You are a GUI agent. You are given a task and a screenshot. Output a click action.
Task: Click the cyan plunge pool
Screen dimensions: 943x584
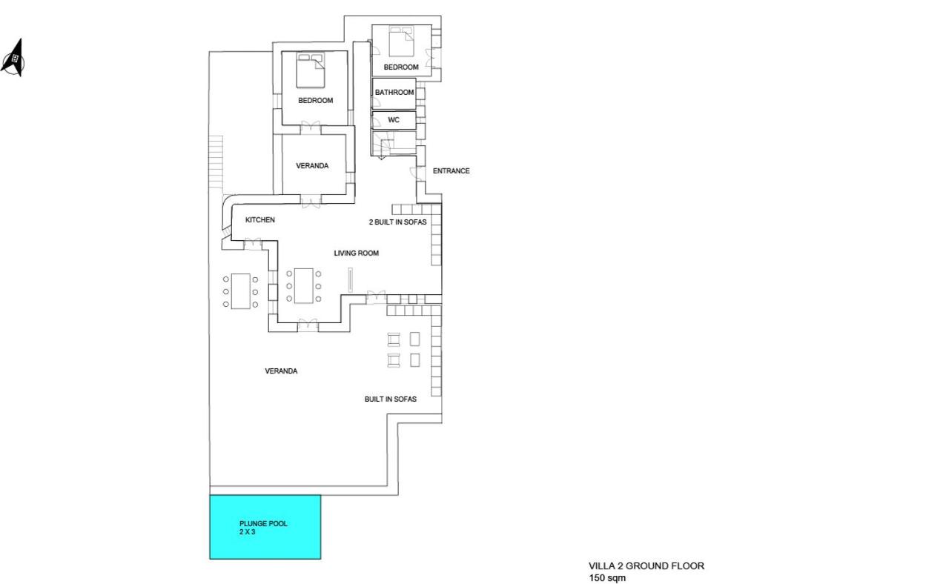265,527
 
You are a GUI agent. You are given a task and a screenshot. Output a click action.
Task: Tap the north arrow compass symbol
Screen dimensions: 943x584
13,59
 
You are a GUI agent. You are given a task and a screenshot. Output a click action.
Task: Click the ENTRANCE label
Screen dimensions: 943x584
451,170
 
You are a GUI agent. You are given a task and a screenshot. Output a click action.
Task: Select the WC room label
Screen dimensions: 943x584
394,120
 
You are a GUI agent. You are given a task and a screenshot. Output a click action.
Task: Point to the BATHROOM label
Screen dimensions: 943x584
394,92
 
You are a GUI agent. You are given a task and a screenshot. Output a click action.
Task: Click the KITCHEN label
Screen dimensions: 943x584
259,219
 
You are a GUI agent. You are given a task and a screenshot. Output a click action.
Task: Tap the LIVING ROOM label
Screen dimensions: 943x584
356,253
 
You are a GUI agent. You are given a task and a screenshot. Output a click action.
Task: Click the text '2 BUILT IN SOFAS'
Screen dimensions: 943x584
398,222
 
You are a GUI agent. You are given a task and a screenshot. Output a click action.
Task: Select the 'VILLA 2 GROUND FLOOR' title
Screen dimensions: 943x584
646,566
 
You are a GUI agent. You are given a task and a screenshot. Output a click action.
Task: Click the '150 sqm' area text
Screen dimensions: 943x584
606,578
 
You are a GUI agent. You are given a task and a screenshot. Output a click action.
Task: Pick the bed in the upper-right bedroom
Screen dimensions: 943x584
401,42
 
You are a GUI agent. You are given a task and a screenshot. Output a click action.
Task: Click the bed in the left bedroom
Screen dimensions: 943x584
311,70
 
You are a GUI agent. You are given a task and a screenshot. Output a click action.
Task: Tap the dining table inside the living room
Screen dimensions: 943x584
303,285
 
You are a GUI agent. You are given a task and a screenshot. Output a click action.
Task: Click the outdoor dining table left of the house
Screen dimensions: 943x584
240,291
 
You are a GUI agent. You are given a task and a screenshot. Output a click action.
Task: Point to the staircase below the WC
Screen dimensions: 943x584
393,144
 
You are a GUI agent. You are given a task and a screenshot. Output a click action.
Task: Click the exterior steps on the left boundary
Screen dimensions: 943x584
216,162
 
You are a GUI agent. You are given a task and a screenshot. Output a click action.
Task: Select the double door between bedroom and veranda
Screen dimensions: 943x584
311,128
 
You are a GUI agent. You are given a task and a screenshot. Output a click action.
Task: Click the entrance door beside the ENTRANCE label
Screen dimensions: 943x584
417,173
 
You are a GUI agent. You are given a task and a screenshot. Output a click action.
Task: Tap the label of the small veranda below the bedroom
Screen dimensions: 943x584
312,166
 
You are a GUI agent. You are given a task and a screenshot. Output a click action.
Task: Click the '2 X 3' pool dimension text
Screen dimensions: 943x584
247,532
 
